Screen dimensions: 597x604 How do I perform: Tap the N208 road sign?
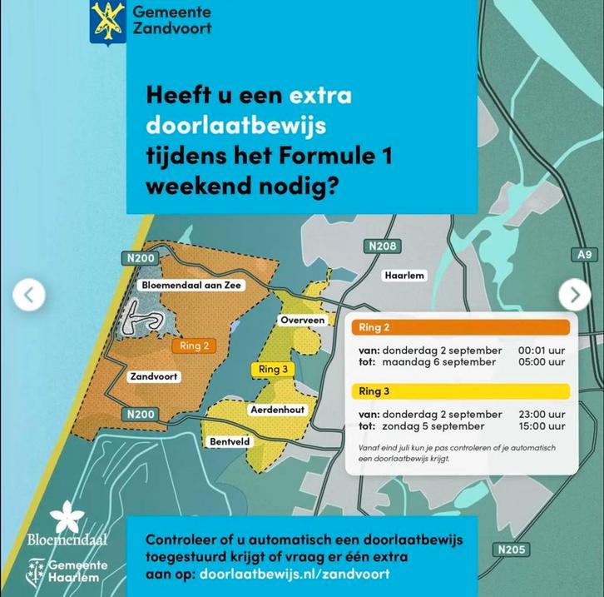382,246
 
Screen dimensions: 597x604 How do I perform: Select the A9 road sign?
586,255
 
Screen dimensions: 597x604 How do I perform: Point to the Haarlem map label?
404,276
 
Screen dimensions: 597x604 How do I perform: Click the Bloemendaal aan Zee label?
180,285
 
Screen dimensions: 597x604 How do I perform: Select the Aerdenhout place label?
277,410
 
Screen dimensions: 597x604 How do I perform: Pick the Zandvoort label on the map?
154,376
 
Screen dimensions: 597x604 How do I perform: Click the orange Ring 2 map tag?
194,346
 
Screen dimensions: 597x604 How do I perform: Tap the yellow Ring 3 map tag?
273,369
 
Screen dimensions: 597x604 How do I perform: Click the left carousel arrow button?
29,294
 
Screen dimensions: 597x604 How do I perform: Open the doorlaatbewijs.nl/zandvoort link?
295,575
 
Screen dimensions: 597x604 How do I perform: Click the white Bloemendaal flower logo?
66,517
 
